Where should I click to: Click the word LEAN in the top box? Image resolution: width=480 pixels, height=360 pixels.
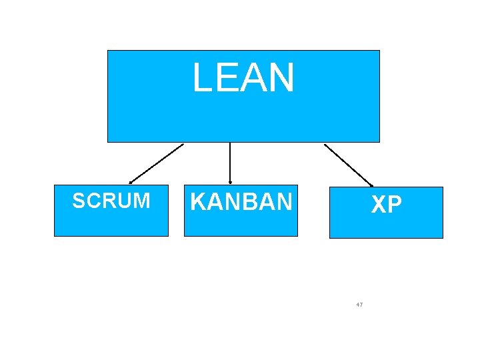[243, 77]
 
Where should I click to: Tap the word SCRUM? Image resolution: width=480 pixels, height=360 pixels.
[111, 201]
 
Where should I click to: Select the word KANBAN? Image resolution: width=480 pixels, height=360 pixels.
[241, 201]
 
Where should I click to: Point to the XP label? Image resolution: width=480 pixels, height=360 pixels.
[387, 205]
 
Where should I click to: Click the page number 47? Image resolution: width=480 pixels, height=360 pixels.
[360, 305]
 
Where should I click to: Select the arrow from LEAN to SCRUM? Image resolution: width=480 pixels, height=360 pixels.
[157, 163]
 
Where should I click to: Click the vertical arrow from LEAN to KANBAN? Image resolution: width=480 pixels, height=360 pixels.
[230, 161]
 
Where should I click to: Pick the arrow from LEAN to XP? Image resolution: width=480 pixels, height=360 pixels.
[348, 165]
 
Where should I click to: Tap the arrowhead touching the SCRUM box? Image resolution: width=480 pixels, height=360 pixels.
[131, 181]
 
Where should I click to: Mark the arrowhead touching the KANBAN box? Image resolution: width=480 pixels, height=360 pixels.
[230, 181]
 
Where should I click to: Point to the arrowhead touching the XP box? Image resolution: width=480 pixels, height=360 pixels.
[371, 185]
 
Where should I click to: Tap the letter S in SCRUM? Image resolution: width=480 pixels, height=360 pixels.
[78, 201]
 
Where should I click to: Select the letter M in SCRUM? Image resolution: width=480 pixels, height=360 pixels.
[142, 201]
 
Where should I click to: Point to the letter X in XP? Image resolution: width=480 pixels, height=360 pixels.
[379, 205]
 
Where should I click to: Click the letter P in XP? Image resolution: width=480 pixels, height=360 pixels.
[395, 205]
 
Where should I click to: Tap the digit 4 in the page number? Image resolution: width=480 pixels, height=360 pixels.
[358, 305]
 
